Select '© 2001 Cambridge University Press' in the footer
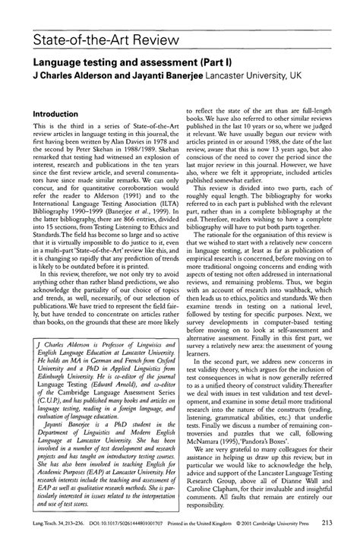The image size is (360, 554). (x=266, y=544)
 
